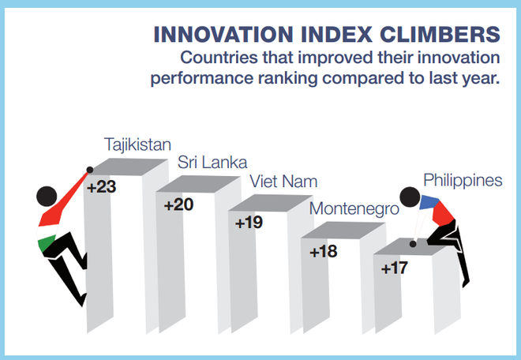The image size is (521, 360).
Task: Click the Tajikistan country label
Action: pos(138,144)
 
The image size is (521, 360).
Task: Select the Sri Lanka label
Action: pos(212,163)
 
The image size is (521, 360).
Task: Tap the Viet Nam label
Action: pos(283,182)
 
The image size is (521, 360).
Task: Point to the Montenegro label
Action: pos(354,209)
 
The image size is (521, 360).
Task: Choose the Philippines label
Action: pos(463,180)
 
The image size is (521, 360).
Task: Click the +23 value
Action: pos(102,189)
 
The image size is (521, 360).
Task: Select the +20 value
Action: pos(178,205)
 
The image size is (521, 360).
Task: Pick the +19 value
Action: pos(249,223)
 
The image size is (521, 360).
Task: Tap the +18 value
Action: pos(324,252)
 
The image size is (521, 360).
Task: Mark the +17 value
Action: pos(394,268)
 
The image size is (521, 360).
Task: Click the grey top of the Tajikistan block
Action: pos(127,167)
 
